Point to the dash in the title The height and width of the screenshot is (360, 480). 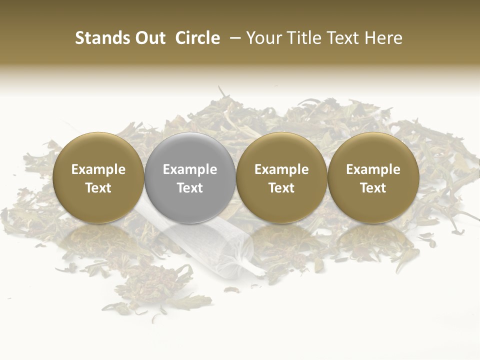[233, 38]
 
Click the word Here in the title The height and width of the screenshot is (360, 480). [385, 38]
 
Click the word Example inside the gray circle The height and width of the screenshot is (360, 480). [190, 169]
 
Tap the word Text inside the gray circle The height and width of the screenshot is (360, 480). [190, 188]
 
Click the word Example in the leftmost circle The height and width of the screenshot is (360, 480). [98, 169]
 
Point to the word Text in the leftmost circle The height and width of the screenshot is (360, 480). [98, 188]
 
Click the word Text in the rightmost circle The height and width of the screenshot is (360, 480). [373, 188]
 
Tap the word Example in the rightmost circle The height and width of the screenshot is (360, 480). [373, 169]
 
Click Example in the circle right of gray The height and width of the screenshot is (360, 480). [281, 169]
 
